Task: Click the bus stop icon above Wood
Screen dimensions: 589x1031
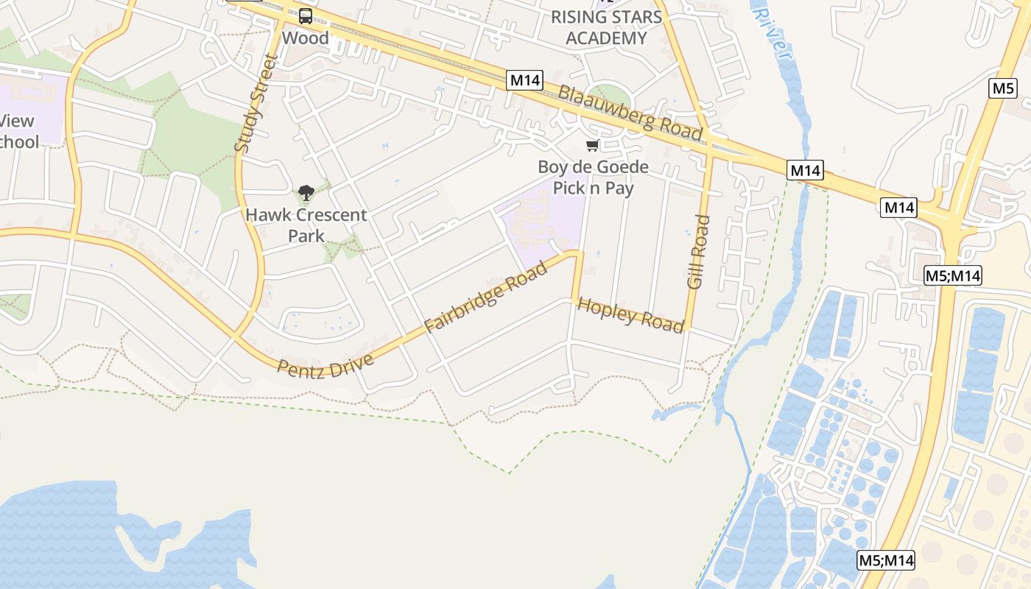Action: click(x=305, y=15)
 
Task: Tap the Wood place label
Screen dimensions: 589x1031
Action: click(x=305, y=38)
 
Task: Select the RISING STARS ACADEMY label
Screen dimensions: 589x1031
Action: click(x=606, y=27)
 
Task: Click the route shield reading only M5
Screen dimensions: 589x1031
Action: click(x=1003, y=88)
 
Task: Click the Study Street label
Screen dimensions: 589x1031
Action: click(x=253, y=103)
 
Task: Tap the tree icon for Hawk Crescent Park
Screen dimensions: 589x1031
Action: click(x=306, y=194)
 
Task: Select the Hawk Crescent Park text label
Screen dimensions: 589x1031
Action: click(x=306, y=225)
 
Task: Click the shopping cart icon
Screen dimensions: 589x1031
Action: click(x=593, y=146)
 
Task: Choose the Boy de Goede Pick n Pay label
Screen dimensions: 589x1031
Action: click(x=593, y=177)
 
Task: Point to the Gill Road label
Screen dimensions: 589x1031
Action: click(x=697, y=252)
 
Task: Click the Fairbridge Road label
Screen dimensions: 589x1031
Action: click(x=487, y=297)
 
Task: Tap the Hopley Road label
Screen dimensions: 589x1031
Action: click(x=630, y=315)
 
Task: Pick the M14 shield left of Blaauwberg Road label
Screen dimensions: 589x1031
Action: click(x=524, y=80)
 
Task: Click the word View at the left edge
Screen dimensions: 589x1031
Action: click(x=16, y=121)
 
